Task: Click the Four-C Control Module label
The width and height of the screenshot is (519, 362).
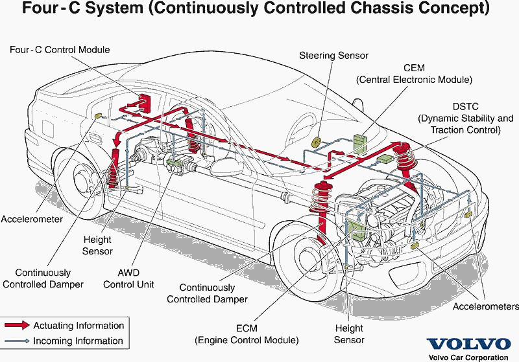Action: click(x=60, y=50)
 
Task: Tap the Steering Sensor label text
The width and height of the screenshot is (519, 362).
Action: click(x=333, y=56)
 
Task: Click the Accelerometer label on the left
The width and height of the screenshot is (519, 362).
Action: click(x=32, y=219)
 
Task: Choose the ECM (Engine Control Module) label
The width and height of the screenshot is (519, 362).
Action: click(x=247, y=334)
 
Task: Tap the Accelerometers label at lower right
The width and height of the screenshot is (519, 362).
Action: click(x=486, y=306)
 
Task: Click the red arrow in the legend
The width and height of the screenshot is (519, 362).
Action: click(x=16, y=326)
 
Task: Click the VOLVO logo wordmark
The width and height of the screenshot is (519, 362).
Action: click(x=468, y=344)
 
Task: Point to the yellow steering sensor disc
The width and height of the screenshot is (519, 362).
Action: click(x=317, y=143)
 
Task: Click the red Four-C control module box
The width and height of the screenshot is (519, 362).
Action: click(x=143, y=103)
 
